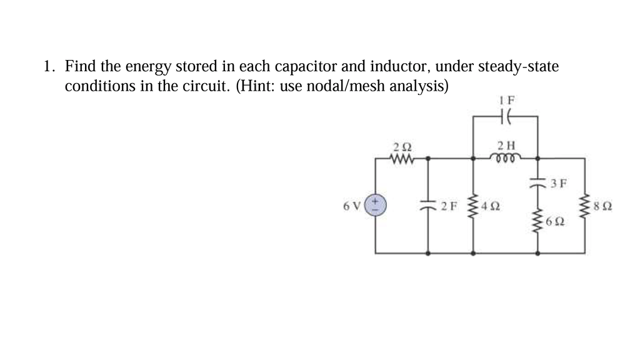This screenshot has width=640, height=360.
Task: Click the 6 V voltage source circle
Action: click(376, 206)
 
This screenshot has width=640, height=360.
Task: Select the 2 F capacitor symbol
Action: click(428, 206)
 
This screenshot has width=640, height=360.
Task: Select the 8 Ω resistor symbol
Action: click(585, 206)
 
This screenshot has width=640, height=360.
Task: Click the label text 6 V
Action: click(352, 206)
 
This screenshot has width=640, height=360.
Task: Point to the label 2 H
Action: click(506, 146)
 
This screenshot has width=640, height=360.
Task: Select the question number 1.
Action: click(47, 66)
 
